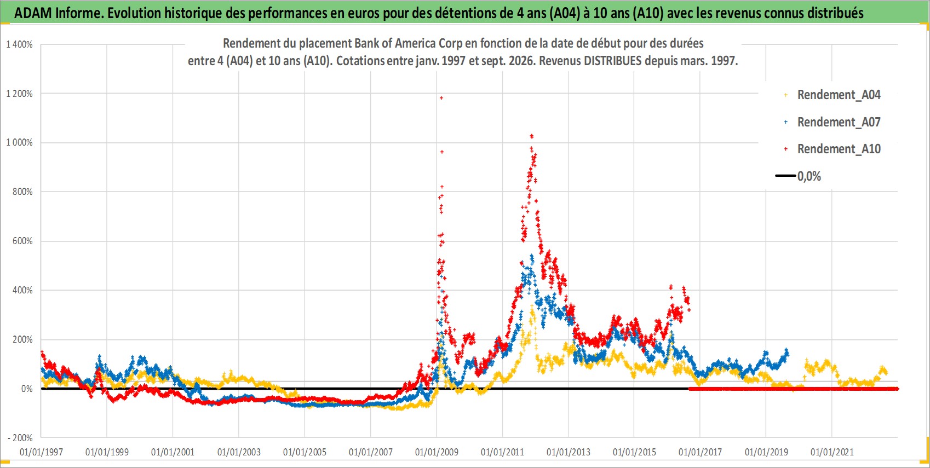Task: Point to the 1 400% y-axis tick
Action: coord(19,44)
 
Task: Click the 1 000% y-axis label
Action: coord(19,143)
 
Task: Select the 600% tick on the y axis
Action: coord(22,241)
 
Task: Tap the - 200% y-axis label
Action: coord(20,438)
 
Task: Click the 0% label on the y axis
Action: coord(27,389)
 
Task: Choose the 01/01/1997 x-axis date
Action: coord(41,452)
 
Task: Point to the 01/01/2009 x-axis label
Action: coord(437,452)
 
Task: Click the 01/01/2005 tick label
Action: coord(305,452)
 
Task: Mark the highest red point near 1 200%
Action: coord(441,98)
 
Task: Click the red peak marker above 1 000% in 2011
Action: coord(531,136)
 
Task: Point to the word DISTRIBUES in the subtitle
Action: coord(612,61)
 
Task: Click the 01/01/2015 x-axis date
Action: coord(634,452)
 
